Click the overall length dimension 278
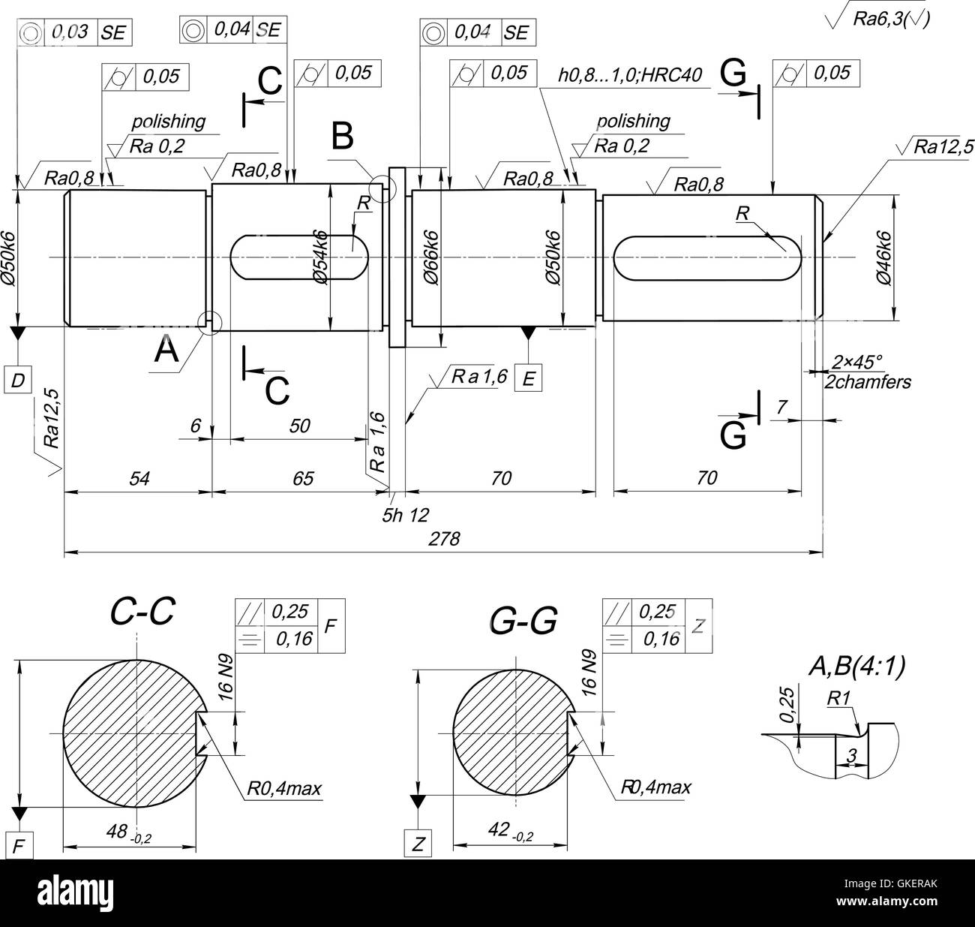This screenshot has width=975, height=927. coord(444,539)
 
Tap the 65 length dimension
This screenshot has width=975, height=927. coord(302,478)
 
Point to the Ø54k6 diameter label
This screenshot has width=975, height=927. coord(320,256)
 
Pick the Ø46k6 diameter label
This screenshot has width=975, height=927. coord(883,256)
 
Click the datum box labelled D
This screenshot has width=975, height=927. coord(18,381)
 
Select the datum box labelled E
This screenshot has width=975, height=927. coord(529,379)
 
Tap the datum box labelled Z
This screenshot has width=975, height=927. coord(418,844)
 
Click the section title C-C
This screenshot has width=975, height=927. coord(142,612)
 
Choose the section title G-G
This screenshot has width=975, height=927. coord(523,622)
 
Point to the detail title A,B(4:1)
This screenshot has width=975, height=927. coord(856,665)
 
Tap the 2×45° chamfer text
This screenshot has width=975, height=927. coord(857,363)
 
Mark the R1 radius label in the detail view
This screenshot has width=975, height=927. coord(838,697)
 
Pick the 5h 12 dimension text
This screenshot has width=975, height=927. coord(405,515)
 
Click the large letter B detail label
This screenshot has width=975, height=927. coord(343,137)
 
